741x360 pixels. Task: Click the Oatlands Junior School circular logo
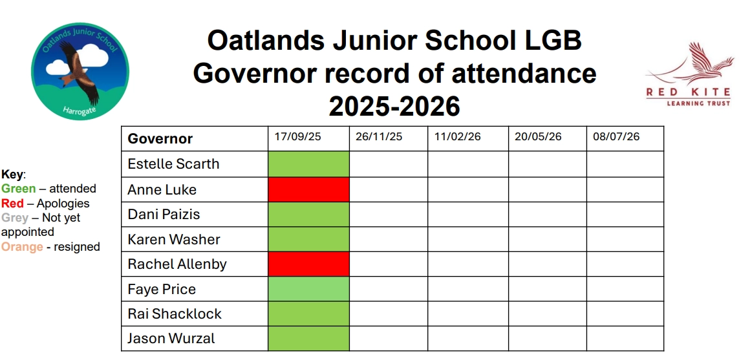80,71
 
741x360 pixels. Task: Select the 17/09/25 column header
297,137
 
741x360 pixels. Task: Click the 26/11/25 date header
379,137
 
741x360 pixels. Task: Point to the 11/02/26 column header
458,137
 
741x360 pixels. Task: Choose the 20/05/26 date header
538,137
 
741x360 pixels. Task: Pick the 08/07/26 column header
616,137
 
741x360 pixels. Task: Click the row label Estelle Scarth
173,164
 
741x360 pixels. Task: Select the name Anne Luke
162,190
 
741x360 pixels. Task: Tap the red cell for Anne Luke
308,189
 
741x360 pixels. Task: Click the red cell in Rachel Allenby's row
308,264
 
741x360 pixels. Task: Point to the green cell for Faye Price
308,289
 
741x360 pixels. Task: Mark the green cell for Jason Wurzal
308,339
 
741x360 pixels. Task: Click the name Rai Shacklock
175,314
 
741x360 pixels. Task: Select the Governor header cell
160,139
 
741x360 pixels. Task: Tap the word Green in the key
19,189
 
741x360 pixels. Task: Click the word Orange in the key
22,247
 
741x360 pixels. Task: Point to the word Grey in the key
14,218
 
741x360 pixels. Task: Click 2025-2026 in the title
394,105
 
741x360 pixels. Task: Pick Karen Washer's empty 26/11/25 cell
388,239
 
